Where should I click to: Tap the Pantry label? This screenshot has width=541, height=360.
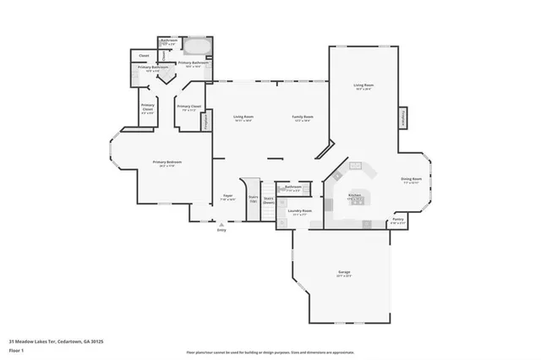click(398, 220)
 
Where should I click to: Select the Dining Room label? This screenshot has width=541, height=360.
click(412, 180)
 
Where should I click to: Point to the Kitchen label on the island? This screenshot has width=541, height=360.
click(355, 196)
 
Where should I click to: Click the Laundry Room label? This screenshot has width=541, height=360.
click(300, 210)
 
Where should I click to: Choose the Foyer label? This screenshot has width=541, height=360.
click(227, 196)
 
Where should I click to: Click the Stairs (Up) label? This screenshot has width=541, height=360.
click(253, 199)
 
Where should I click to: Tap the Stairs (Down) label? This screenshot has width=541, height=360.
click(268, 201)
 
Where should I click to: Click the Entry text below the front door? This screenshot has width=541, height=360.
click(221, 230)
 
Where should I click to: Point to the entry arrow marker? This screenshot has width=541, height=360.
click(221, 225)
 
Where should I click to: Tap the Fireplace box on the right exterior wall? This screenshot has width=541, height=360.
click(402, 117)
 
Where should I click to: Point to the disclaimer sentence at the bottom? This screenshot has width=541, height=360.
click(270, 352)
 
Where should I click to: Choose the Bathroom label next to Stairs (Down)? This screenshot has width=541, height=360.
click(292, 188)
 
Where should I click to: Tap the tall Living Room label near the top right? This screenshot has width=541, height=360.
click(363, 86)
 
